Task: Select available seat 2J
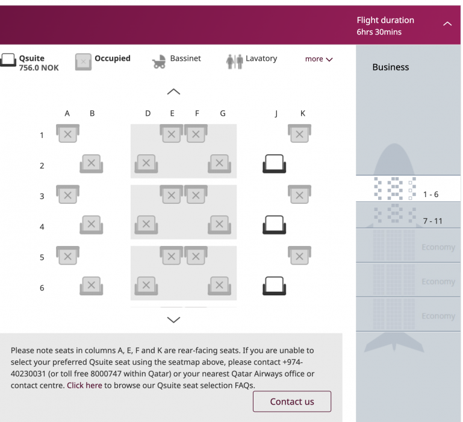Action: point(274,163)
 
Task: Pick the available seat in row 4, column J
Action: point(274,225)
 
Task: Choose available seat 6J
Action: point(274,286)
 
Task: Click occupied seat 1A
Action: point(67,133)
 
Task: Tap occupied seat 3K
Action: point(299,194)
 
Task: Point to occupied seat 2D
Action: point(146,163)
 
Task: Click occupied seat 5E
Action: point(171,256)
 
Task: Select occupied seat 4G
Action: point(219,225)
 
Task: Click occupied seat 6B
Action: point(92,286)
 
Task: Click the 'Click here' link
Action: point(84,385)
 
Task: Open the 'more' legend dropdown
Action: point(319,59)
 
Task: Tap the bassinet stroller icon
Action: point(159,61)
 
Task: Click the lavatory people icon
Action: point(234,61)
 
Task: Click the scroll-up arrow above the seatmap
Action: point(173,92)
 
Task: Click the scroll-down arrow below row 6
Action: point(173,320)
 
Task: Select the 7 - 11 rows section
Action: point(408,215)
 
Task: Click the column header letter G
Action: point(223,113)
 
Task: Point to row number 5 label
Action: point(42,257)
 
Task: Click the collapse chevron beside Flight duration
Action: point(447,24)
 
